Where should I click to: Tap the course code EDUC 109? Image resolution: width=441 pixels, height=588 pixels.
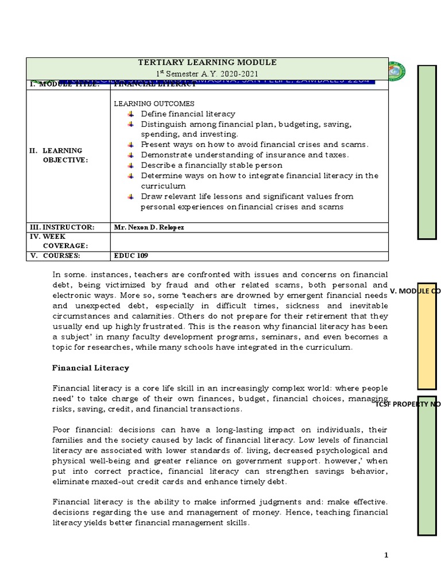(x=127, y=256)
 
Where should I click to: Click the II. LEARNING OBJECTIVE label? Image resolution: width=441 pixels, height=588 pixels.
(x=60, y=155)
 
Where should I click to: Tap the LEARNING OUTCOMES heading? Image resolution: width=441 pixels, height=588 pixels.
(x=150, y=103)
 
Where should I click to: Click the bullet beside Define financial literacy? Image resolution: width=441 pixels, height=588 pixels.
(x=130, y=114)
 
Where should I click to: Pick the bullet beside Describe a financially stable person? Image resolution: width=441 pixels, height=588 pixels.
(x=130, y=165)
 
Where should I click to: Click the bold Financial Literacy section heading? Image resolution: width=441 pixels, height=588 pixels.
(x=91, y=367)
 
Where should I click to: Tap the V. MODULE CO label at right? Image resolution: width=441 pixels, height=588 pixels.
(x=415, y=292)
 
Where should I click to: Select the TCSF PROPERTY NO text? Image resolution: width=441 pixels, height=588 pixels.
(x=408, y=405)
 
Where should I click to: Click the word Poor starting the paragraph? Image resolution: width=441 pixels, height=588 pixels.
(x=63, y=430)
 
